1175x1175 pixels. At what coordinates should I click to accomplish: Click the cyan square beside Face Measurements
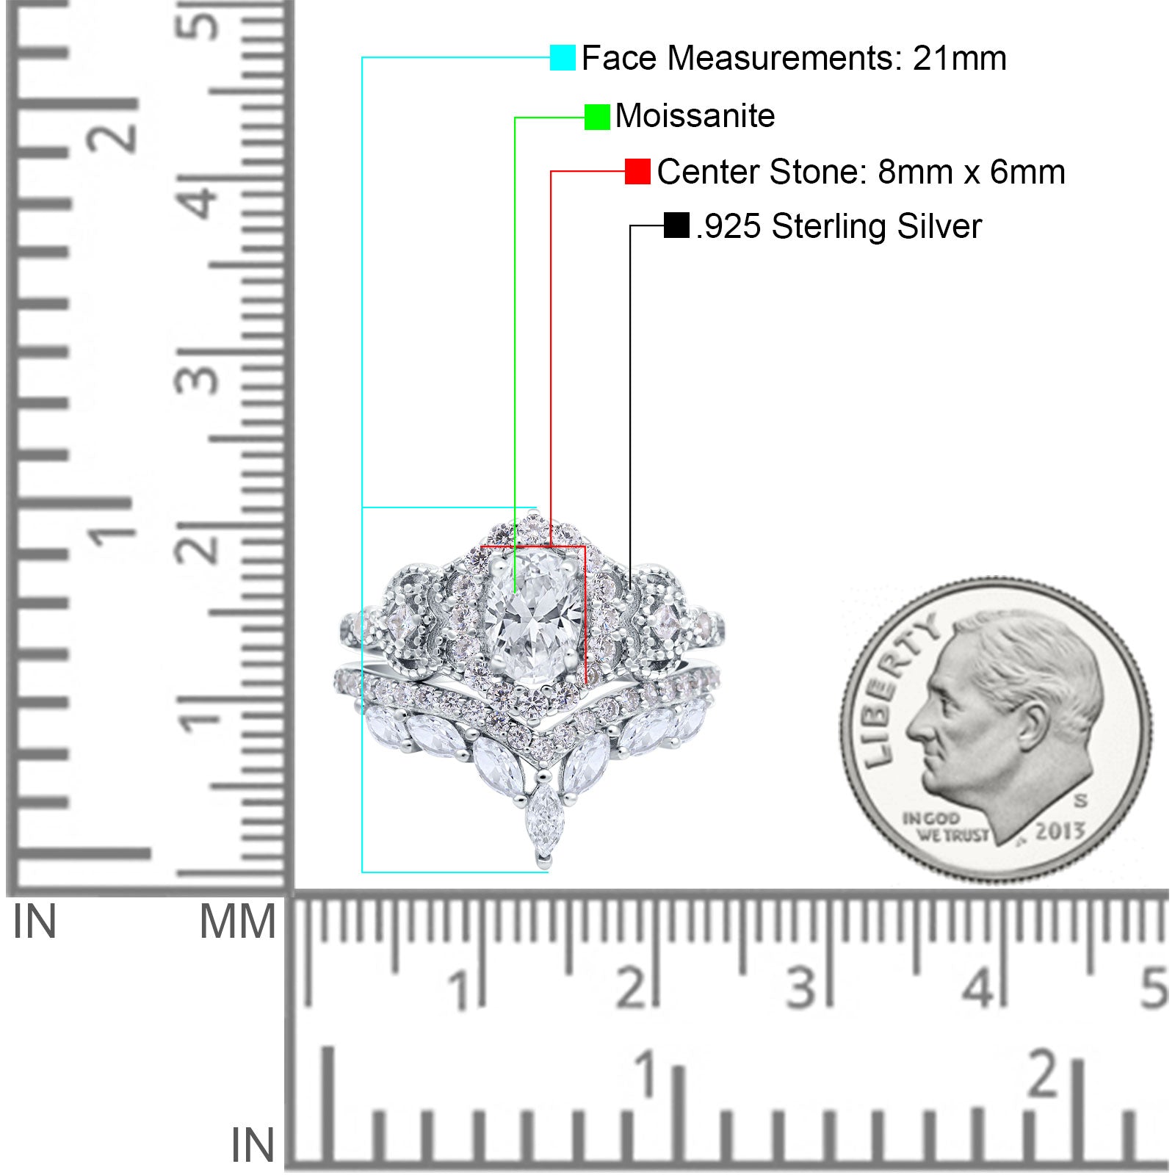[563, 57]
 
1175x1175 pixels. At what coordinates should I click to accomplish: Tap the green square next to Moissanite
[597, 117]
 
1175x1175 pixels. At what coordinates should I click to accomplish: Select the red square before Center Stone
[637, 172]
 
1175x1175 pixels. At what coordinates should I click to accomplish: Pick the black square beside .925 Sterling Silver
[676, 225]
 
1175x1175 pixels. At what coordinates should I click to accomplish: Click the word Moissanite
[695, 116]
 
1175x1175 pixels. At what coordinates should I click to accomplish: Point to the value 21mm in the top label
[960, 58]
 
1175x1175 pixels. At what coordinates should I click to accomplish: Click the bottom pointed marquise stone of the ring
[543, 820]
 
